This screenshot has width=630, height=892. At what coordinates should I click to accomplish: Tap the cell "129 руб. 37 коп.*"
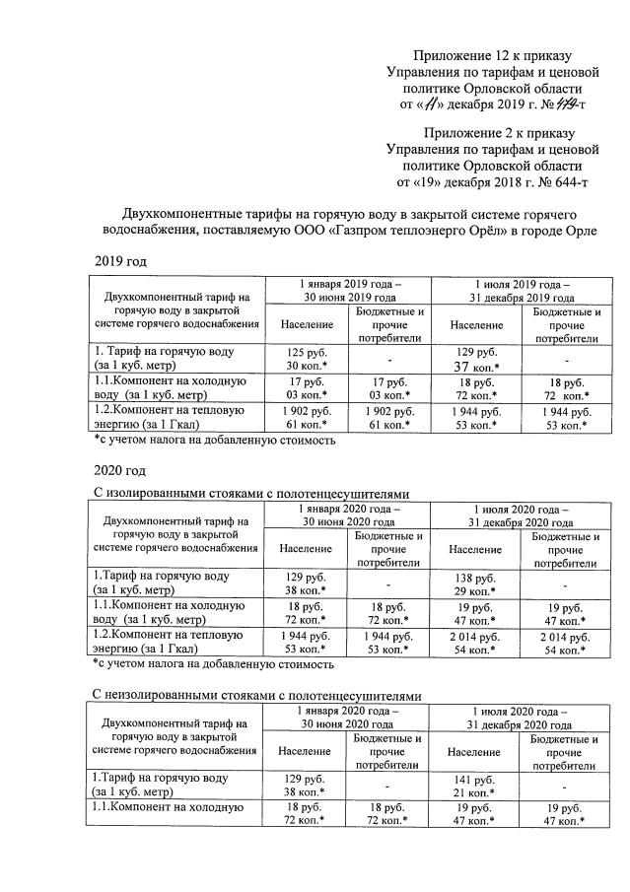tap(475, 358)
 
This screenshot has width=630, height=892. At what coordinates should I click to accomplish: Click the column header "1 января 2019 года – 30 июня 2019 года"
tap(350, 290)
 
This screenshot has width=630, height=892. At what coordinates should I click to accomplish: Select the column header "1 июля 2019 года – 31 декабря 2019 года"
tap(522, 290)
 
